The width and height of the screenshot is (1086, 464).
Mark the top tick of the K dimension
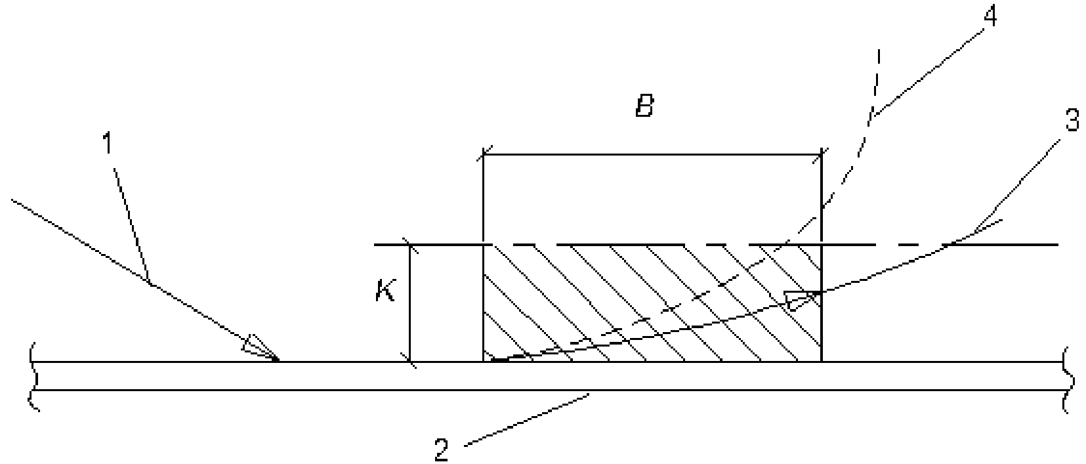point(410,245)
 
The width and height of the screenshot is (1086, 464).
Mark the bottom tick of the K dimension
point(410,361)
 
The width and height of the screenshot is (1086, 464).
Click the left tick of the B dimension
point(484,156)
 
